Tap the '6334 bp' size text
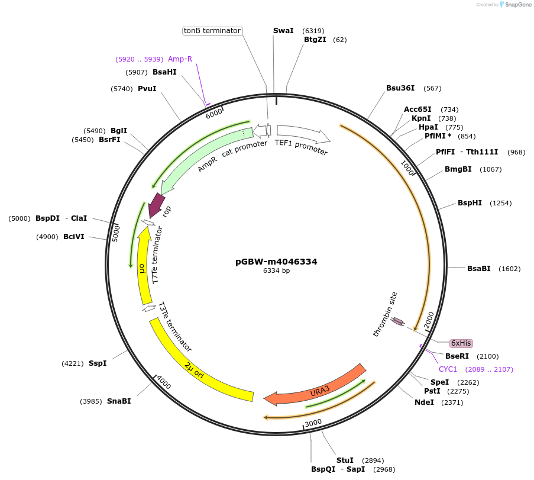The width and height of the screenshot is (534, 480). tap(276, 271)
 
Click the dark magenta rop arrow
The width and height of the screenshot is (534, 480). tap(156, 205)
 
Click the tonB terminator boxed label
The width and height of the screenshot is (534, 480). tap(212, 30)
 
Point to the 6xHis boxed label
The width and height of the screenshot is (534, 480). tap(461, 343)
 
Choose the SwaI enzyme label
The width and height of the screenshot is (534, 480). tap(283, 30)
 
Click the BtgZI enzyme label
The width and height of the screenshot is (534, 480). tap(315, 40)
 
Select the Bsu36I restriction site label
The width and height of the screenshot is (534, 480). tap(400, 88)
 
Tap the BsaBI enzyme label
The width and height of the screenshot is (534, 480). tap(479, 268)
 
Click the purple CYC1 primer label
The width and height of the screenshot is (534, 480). tap(448, 369)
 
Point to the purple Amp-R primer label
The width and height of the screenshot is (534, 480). tap(180, 59)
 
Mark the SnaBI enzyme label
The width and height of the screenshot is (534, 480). tap(119, 401)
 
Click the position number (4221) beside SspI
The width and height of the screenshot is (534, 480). tap(73, 363)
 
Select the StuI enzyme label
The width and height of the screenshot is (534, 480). tap(345, 460)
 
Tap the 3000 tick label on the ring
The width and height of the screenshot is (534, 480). tap(313, 422)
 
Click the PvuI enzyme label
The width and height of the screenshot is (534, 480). tap(147, 88)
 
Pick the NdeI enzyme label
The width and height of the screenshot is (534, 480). tap(424, 402)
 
